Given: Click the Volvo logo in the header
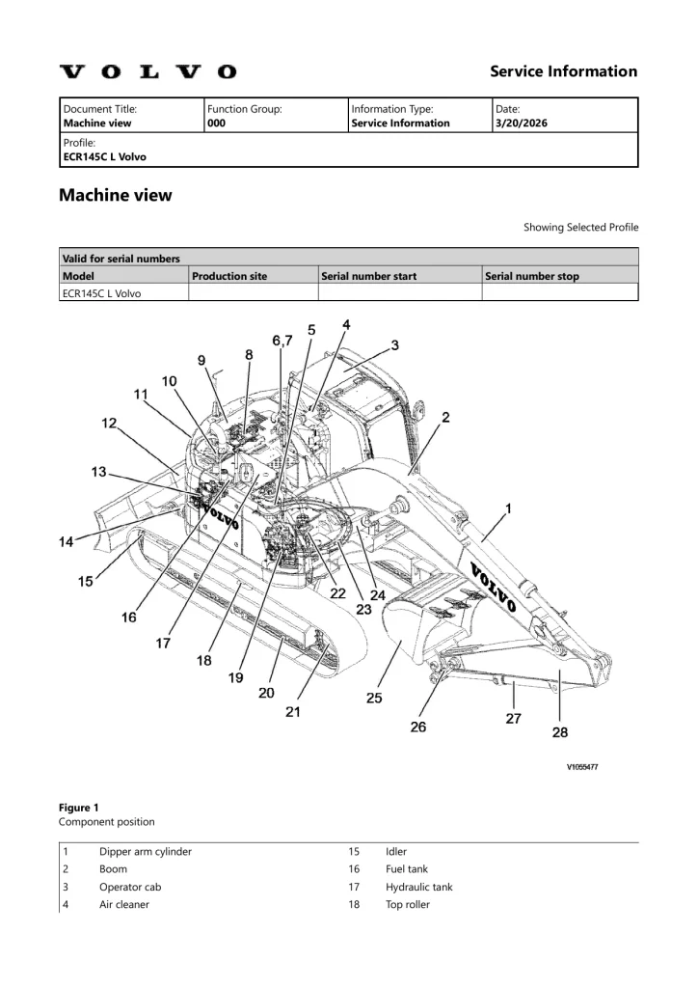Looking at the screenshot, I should pyautogui.click(x=148, y=71).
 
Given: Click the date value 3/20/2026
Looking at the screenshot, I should pyautogui.click(x=520, y=123).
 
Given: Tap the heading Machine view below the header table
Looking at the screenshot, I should pyautogui.click(x=116, y=195).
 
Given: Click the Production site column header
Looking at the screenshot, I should pyautogui.click(x=229, y=276).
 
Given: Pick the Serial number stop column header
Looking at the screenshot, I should pyautogui.click(x=532, y=276).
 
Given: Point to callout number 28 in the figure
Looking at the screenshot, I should pyautogui.click(x=559, y=732).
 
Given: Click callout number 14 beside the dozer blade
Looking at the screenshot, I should pyautogui.click(x=66, y=542).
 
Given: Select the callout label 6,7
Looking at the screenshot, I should pyautogui.click(x=282, y=341).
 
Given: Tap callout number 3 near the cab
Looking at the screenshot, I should pyautogui.click(x=394, y=344).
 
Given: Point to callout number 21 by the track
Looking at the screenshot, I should pyautogui.click(x=292, y=712).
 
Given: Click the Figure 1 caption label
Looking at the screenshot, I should pyautogui.click(x=79, y=807).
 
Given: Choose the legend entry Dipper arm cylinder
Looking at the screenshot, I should pyautogui.click(x=146, y=852).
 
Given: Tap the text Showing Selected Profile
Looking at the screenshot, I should pyautogui.click(x=580, y=228).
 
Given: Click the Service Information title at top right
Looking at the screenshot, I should pyautogui.click(x=563, y=71).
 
